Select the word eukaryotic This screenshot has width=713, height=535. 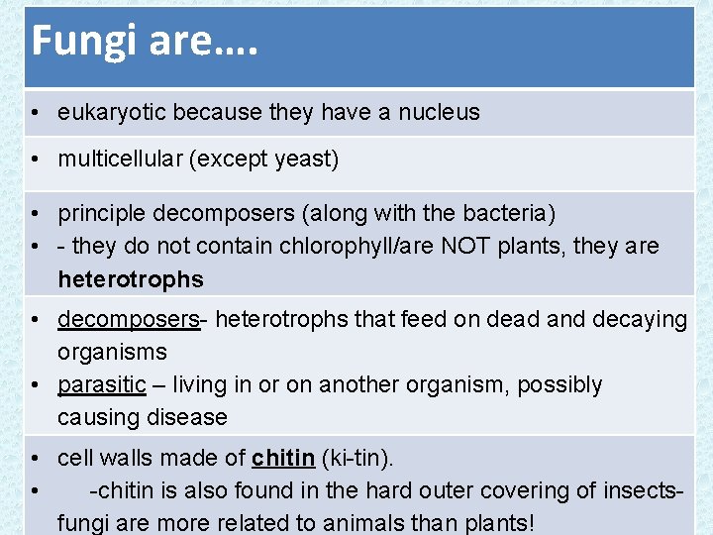click(x=110, y=113)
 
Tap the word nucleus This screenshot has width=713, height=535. click(x=439, y=113)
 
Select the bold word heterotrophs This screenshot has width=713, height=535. click(x=131, y=279)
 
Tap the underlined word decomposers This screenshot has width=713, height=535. click(x=128, y=320)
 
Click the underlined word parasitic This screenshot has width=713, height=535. click(x=101, y=384)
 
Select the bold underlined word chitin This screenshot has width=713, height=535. click(x=283, y=459)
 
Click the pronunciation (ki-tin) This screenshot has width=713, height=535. click(x=357, y=459)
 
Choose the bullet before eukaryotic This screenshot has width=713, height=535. click(x=34, y=113)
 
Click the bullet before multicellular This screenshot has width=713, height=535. click(x=34, y=160)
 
